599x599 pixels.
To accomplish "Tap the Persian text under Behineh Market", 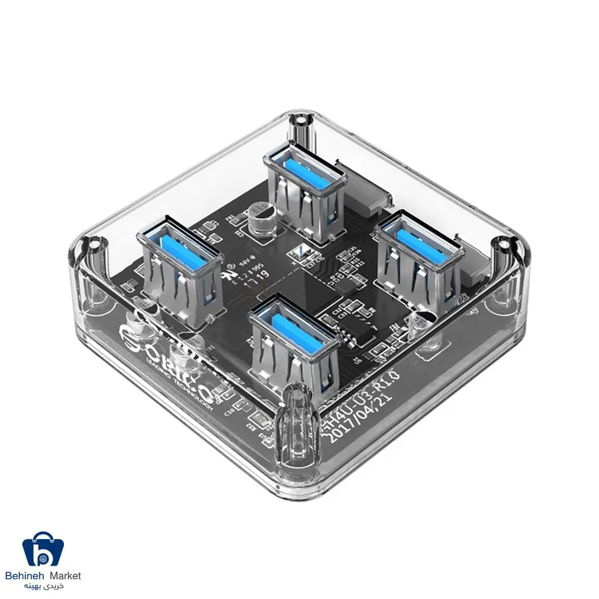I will (x=45, y=586).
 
